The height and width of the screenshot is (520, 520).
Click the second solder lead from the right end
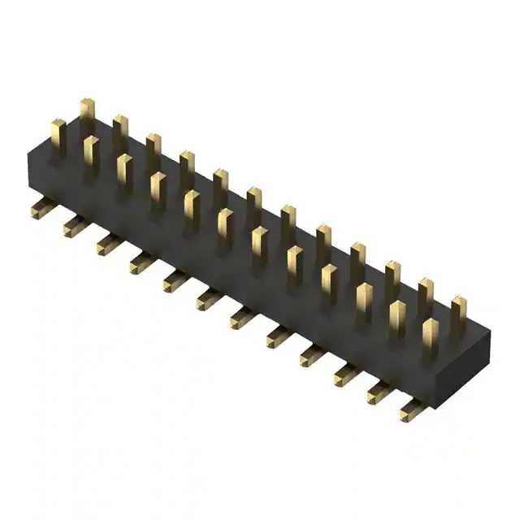(x=378, y=392)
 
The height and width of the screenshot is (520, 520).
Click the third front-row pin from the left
(x=123, y=171)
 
